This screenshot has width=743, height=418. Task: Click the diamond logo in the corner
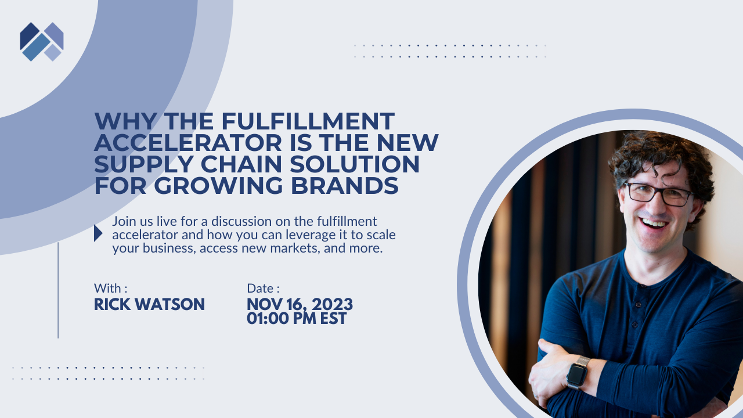point(42,41)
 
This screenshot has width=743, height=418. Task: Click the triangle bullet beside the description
point(98,233)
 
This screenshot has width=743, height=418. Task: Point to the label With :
point(110,288)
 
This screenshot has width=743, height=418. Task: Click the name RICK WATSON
point(149,304)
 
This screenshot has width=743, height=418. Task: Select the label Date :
point(263,288)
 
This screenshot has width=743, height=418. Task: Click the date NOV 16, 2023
point(300,304)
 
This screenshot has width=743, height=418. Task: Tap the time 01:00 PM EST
point(297,318)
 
